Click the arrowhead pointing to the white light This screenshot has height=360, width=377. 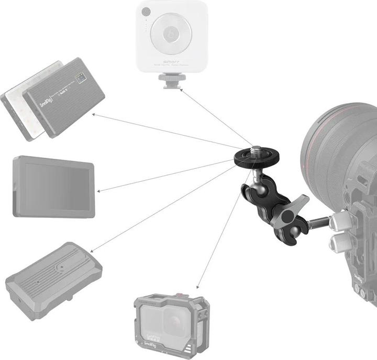coord(182,90)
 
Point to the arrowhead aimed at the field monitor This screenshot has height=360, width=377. coord(100,191)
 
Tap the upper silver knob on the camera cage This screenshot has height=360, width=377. coord(337,220)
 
